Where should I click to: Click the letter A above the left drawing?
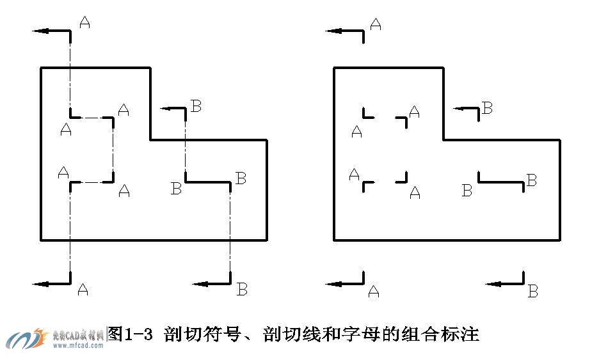(85, 22)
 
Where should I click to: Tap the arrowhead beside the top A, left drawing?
(38, 30)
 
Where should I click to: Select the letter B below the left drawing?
(242, 289)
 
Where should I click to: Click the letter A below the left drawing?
(82, 289)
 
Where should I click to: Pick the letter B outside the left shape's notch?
(196, 106)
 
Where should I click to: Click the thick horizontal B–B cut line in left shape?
(207, 182)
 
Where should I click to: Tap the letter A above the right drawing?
(376, 24)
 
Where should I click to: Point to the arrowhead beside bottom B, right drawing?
(492, 283)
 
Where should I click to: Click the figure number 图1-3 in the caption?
(131, 334)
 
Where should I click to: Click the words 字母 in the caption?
(357, 334)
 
